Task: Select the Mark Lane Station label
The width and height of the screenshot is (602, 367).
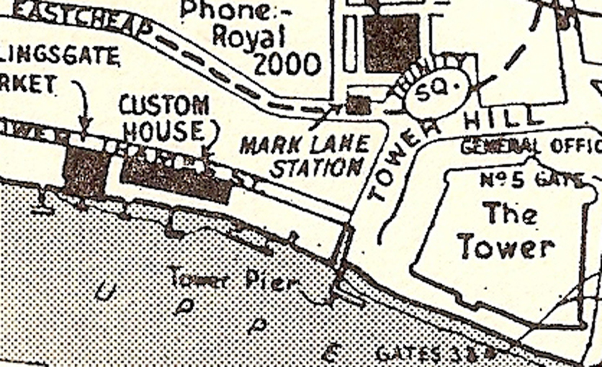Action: point(305,156)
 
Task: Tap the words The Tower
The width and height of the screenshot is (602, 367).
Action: point(507,230)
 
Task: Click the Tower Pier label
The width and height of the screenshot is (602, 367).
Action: point(233,277)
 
